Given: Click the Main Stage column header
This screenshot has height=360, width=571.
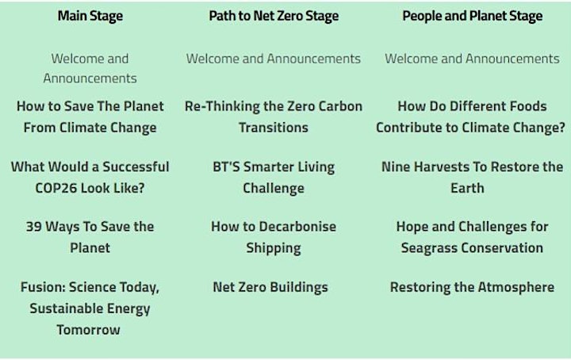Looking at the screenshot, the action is click(90, 16).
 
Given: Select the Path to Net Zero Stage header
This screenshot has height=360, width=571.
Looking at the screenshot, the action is click(274, 16).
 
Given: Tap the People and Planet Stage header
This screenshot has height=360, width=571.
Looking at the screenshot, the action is click(473, 16).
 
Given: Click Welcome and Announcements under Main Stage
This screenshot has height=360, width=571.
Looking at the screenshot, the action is click(90, 68).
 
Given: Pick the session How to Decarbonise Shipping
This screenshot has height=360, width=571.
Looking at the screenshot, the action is click(274, 237).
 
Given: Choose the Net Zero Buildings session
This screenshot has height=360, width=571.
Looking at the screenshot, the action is click(270, 287).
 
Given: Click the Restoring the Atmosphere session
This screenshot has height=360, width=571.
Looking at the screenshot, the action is click(472, 287).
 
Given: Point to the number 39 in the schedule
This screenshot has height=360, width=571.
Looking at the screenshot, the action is click(33, 227).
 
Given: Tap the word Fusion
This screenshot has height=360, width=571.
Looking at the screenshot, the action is click(43, 287).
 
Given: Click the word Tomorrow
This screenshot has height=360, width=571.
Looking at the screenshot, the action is click(88, 330).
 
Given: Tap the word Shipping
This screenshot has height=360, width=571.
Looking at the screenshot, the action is click(274, 248).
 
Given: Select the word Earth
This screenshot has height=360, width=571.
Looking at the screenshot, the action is click(467, 188).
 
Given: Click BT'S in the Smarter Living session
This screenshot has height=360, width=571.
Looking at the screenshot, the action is click(226, 167).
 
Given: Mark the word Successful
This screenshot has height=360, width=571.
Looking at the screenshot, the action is click(136, 167).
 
